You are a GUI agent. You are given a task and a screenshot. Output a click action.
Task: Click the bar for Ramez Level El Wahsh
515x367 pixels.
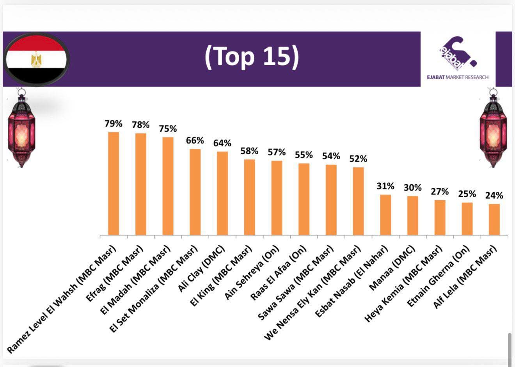pyautogui.click(x=114, y=183)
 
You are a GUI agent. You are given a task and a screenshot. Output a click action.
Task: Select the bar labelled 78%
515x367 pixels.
pyautogui.click(x=141, y=184)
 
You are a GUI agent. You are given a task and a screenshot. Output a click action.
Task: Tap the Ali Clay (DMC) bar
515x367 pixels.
pyautogui.click(x=222, y=193)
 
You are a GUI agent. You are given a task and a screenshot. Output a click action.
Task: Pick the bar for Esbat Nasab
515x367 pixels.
pyautogui.click(x=385, y=215)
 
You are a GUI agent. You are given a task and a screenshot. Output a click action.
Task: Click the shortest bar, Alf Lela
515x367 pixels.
pyautogui.click(x=494, y=219)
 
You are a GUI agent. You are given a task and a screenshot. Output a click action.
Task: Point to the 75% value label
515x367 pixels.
pyautogui.click(x=168, y=129)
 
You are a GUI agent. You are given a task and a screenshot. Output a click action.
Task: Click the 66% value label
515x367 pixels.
pyautogui.click(x=195, y=141)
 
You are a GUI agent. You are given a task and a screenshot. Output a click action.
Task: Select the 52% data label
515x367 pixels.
pyautogui.click(x=358, y=159)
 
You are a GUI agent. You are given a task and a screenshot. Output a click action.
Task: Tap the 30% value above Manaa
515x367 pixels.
pyautogui.click(x=412, y=188)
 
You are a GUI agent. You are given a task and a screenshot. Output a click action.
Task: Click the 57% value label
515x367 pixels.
pyautogui.click(x=277, y=152)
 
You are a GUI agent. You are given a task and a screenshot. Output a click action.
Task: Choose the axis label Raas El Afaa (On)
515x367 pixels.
pyautogui.click(x=278, y=273)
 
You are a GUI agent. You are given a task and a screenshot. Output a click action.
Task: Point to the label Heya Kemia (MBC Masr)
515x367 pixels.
pyautogui.click(x=404, y=284)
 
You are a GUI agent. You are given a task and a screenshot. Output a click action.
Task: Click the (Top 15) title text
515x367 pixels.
pyautogui.click(x=252, y=56)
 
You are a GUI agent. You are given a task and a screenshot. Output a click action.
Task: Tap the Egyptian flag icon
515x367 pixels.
pyautogui.click(x=36, y=60)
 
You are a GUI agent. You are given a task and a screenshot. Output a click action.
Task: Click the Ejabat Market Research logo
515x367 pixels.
pyautogui.click(x=457, y=59)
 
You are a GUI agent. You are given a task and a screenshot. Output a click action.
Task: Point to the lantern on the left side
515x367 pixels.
pyautogui.click(x=21, y=129)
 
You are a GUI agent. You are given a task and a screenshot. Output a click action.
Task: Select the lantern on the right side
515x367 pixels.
pyautogui.click(x=493, y=129)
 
